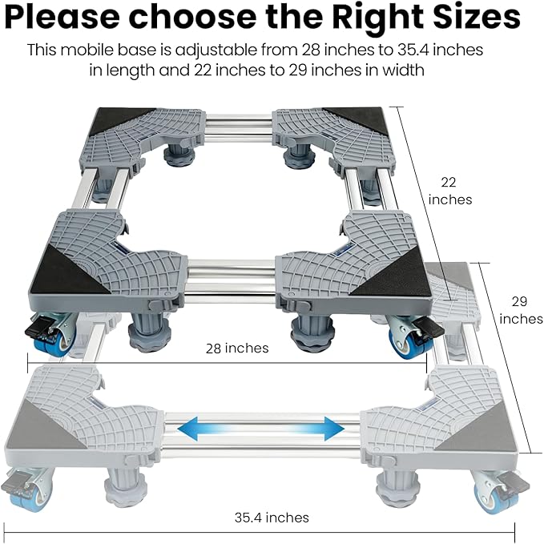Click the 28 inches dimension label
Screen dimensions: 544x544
coord(237,348)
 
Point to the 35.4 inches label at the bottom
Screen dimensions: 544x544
coord(272,518)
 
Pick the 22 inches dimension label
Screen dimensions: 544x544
coord(450,191)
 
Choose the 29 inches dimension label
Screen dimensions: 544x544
coord(521,310)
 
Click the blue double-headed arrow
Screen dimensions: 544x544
coord(260,429)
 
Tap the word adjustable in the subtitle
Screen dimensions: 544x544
coord(216,50)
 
